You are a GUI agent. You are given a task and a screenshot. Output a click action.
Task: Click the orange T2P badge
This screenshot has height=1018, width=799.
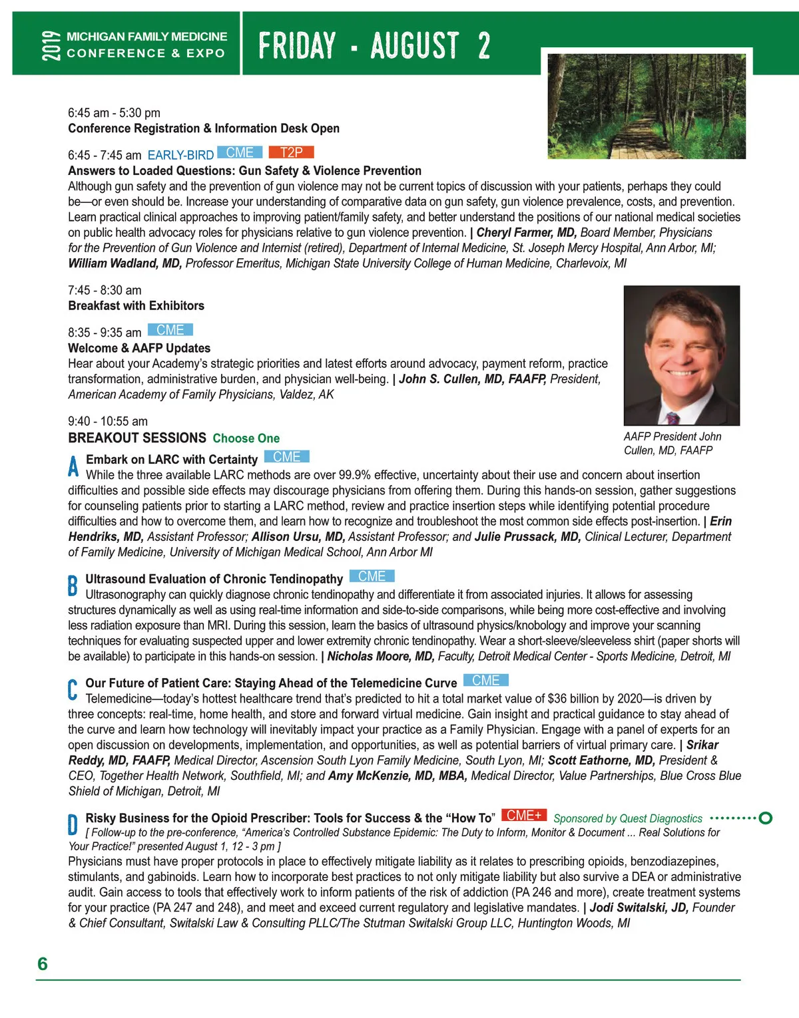point(291,152)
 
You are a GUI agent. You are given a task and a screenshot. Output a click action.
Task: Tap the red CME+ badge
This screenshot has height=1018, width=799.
point(524,816)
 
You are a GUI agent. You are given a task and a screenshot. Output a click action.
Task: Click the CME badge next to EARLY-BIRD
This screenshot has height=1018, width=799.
point(240,152)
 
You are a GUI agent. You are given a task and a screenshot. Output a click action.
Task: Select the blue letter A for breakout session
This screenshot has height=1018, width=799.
point(73,466)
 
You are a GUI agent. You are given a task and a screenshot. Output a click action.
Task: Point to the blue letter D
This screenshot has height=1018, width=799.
point(73,824)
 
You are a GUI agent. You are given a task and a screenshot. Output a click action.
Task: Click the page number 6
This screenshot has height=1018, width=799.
point(43,963)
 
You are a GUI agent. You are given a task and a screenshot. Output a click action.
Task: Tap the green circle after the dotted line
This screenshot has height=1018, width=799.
point(765,818)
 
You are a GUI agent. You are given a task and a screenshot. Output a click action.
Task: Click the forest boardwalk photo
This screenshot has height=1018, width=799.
point(647,106)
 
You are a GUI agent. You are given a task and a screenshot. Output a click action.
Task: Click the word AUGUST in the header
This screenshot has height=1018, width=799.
point(415,46)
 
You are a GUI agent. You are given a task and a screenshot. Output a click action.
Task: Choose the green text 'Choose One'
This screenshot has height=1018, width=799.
point(246,438)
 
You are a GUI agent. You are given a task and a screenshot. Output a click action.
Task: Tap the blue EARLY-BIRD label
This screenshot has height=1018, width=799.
point(180,155)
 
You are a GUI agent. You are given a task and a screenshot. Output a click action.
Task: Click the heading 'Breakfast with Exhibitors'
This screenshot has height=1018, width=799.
point(136,306)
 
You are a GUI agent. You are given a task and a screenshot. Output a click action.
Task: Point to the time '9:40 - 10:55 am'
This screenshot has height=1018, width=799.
point(108,421)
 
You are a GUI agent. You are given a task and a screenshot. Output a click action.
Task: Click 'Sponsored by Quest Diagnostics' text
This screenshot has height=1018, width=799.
point(628,818)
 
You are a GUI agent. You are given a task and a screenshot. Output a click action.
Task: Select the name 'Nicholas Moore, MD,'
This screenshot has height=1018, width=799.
point(381,657)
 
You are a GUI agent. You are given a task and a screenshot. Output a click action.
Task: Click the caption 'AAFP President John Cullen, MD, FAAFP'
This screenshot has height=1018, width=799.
point(672,443)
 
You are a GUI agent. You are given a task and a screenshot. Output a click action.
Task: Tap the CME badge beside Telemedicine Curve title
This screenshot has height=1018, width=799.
point(486,681)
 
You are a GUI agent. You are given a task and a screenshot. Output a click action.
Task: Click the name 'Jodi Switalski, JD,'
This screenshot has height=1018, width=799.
point(639,908)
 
